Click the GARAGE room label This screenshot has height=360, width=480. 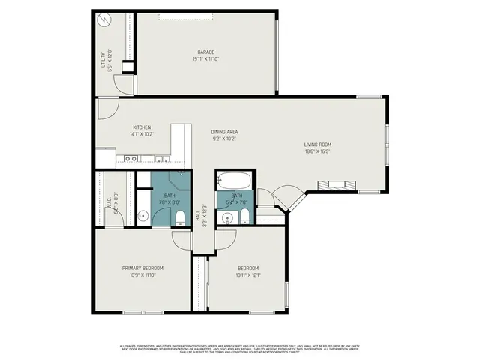[206, 52]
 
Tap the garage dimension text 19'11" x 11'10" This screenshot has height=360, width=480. [206, 58]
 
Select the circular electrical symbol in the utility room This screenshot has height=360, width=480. [106, 22]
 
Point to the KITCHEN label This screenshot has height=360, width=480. [142, 127]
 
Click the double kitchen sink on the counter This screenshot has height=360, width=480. [130, 159]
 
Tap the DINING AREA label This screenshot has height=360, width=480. [225, 132]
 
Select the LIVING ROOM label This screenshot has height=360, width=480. [317, 145]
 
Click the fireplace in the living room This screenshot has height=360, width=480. [334, 185]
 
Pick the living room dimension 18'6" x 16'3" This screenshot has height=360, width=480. [317, 151]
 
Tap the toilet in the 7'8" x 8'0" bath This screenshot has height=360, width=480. [179, 218]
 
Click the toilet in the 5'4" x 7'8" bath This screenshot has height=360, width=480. [244, 217]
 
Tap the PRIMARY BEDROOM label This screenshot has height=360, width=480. [142, 268]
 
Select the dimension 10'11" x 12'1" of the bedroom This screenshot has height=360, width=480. [248, 274]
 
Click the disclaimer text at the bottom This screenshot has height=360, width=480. [240, 349]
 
